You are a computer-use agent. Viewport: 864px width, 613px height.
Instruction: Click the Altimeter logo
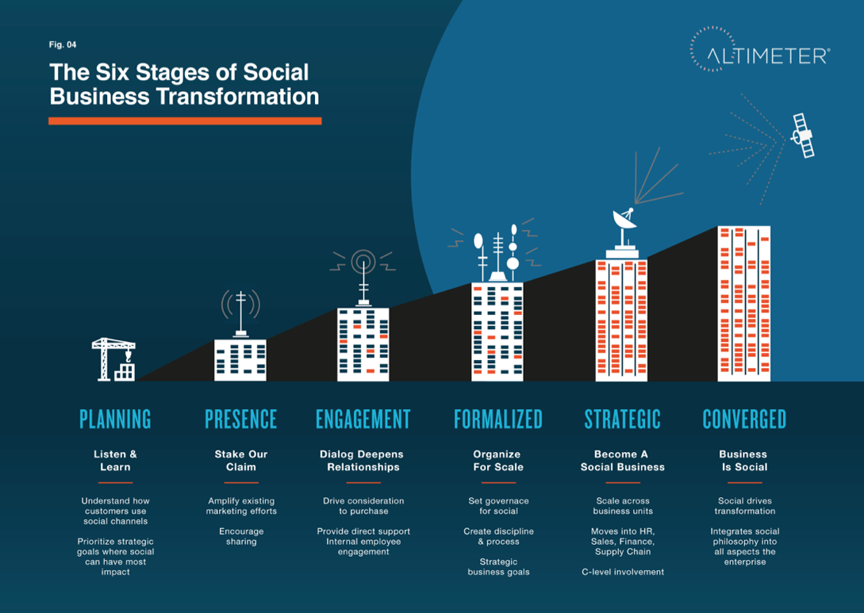point(760,50)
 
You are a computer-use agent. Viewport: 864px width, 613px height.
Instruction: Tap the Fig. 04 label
point(63,44)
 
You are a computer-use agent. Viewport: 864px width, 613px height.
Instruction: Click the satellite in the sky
point(802,136)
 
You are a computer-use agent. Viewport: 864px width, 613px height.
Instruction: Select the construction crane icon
point(113,359)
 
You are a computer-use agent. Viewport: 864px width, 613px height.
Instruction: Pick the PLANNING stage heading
point(115,420)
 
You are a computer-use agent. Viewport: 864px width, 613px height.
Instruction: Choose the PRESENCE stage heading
point(241,420)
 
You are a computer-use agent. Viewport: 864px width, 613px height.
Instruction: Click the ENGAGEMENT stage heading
point(363,420)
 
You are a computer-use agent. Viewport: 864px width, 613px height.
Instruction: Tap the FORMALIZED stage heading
point(498,420)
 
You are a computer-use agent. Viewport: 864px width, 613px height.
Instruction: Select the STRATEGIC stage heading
point(623,420)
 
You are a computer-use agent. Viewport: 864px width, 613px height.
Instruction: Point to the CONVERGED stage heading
point(744,420)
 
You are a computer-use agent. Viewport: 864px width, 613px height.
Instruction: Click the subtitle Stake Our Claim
point(241,461)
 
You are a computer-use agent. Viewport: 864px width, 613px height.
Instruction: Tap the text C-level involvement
point(623,572)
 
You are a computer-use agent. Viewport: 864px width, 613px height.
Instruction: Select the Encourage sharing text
point(241,536)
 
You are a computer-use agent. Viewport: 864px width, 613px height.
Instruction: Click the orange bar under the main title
point(185,121)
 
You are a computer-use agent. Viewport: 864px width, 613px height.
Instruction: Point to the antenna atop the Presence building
point(241,312)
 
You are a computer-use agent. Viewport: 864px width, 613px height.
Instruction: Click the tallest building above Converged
point(744,304)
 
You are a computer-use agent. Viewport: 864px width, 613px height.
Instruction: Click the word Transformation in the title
point(238,97)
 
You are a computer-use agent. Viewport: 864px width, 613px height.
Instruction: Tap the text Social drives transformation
point(745,506)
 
